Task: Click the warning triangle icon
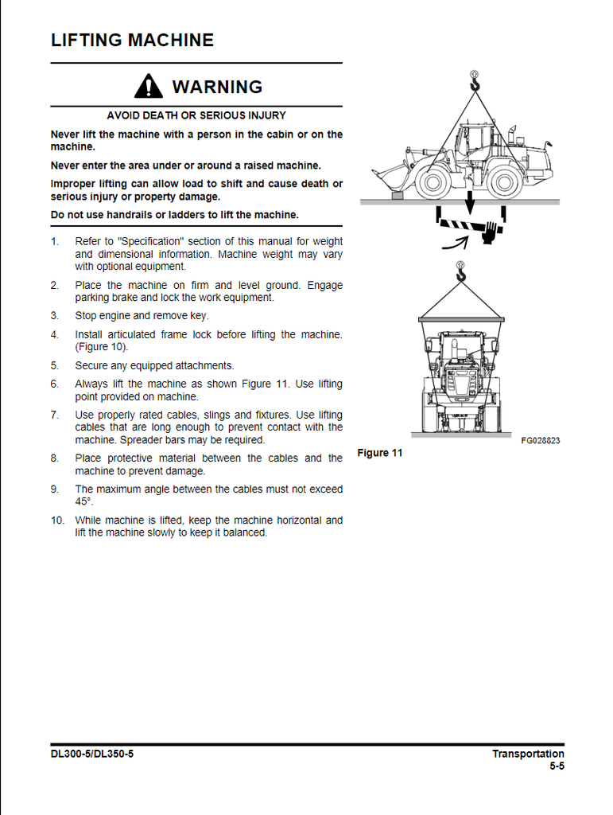click(x=149, y=85)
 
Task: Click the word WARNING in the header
click(x=217, y=87)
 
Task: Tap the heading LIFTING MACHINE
click(x=132, y=40)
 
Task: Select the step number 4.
click(x=55, y=335)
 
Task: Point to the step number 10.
click(x=57, y=521)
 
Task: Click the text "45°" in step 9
click(x=84, y=502)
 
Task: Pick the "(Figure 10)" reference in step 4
click(x=102, y=347)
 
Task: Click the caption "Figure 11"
click(x=380, y=453)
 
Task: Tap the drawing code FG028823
click(x=541, y=440)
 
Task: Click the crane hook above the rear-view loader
click(x=460, y=275)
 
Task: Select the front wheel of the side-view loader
click(x=433, y=182)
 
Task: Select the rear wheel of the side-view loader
click(x=505, y=182)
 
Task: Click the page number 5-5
click(x=556, y=767)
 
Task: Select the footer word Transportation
click(x=528, y=754)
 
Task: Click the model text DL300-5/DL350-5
click(x=92, y=754)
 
